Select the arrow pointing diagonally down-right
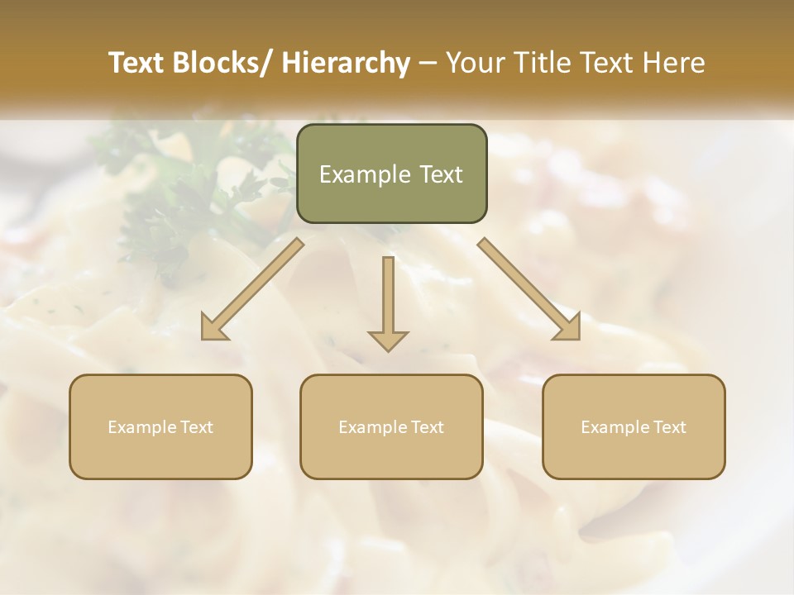(529, 289)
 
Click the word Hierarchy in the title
(345, 63)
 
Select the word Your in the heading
(476, 63)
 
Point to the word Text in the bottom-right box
(669, 427)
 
